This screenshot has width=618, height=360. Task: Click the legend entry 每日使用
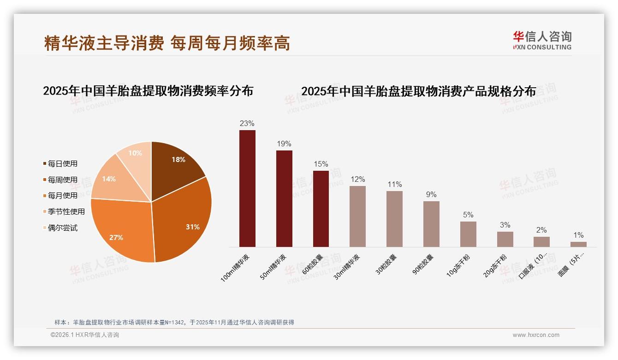(63, 163)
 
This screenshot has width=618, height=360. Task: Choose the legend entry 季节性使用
(66, 211)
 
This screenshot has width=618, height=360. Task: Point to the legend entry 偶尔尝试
(63, 228)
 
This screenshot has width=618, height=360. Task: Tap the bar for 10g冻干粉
(468, 234)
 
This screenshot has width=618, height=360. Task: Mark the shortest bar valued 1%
(578, 244)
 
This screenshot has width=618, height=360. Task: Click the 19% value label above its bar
(284, 144)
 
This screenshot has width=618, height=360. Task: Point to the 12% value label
(357, 179)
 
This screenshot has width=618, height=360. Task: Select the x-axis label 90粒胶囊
(423, 265)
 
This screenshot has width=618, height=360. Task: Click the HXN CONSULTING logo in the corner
(542, 41)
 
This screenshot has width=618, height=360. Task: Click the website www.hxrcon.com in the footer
(536, 335)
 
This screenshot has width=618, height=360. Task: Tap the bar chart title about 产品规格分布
(418, 91)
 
